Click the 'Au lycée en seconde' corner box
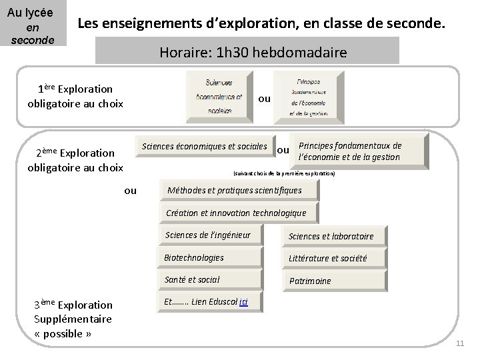[33, 24]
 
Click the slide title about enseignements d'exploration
[259, 25]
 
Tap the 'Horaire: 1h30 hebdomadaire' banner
[247, 51]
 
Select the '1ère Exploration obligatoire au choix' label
[75, 96]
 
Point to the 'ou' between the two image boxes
[264, 99]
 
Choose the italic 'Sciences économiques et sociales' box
[204, 147]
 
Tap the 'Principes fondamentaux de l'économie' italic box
[359, 151]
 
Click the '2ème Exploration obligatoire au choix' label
[75, 160]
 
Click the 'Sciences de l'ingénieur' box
[211, 235]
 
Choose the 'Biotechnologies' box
[211, 257]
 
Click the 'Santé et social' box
[211, 279]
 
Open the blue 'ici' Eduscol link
[243, 302]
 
